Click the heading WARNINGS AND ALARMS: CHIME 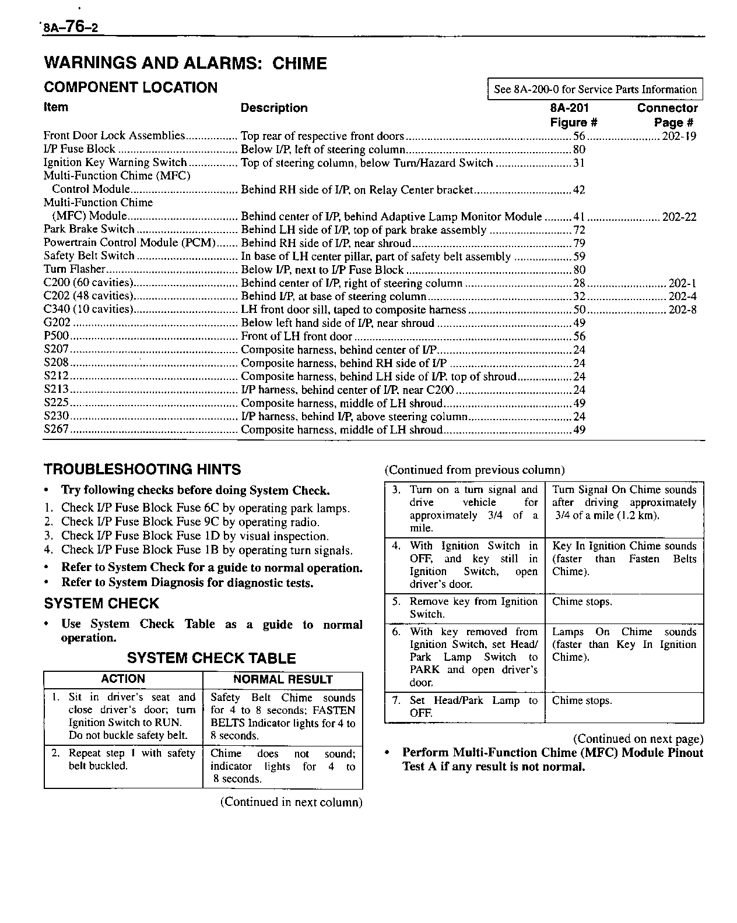(185, 63)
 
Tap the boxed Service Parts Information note (595, 89)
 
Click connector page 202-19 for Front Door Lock (679, 136)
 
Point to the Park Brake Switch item (89, 230)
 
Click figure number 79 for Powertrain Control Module (579, 243)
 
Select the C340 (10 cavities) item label (89, 309)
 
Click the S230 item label (57, 416)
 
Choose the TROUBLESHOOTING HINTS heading (142, 469)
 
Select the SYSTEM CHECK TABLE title (211, 658)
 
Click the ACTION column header (123, 679)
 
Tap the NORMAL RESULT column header (283, 679)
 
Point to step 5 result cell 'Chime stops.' (582, 602)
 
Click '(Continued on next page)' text (638, 739)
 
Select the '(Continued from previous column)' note (474, 470)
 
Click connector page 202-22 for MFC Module (679, 216)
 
